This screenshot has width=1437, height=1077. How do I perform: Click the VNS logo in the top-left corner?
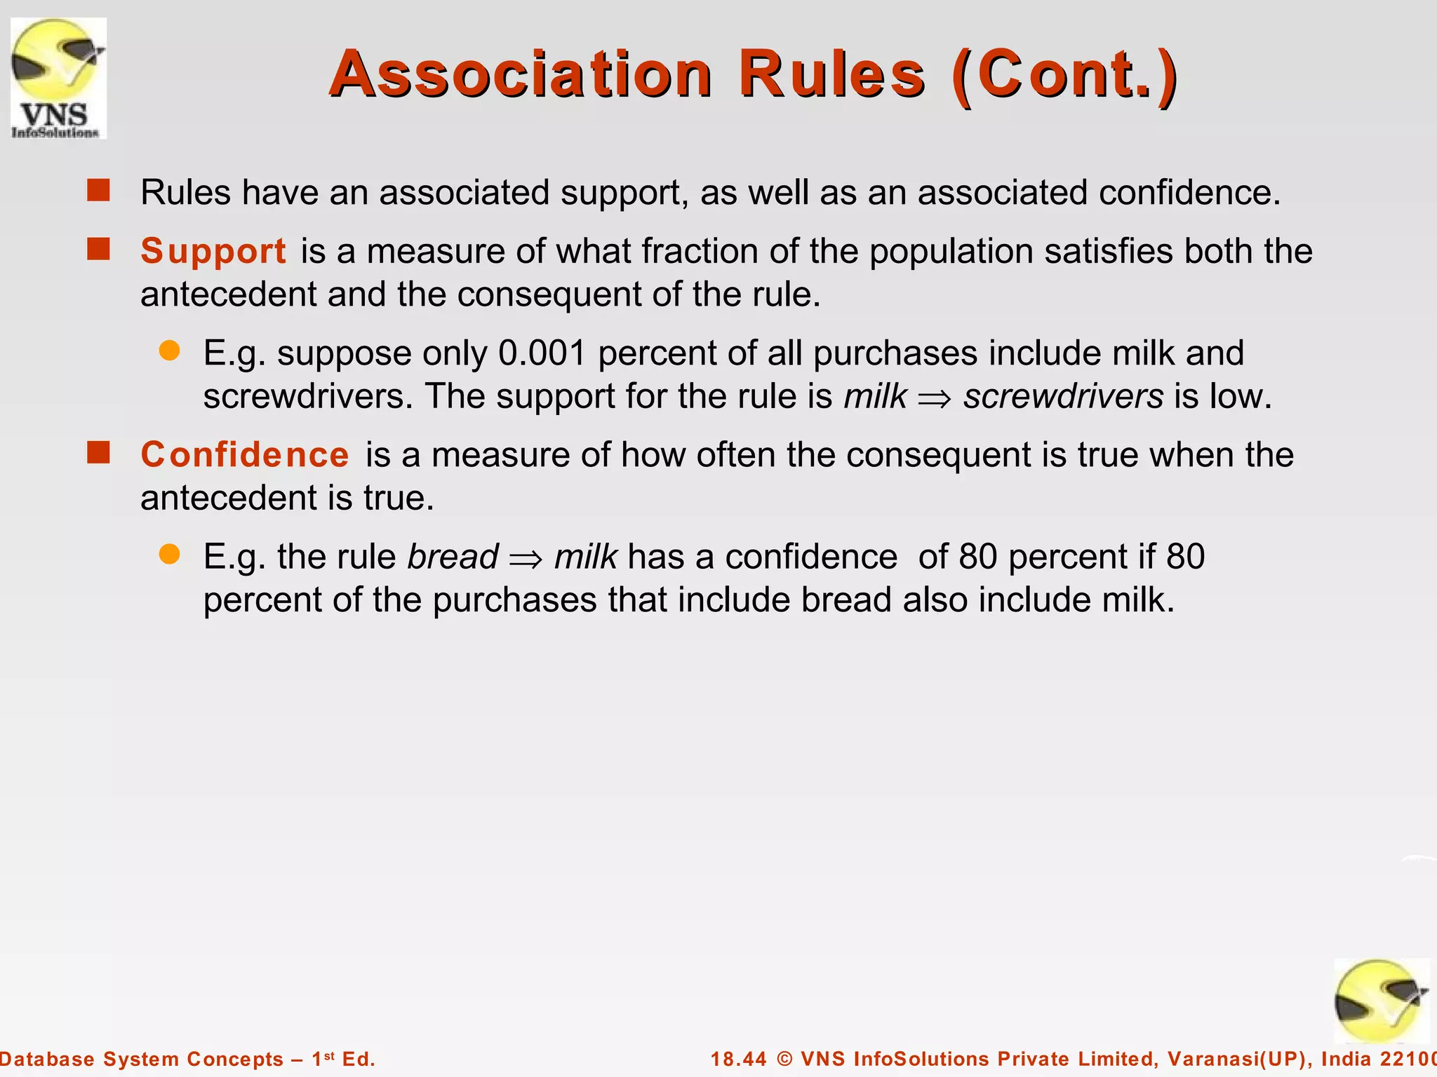pos(58,78)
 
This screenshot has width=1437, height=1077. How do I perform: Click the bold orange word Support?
pos(213,251)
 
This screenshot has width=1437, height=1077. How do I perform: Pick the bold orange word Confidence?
pos(245,454)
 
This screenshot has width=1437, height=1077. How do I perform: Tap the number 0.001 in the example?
pos(542,353)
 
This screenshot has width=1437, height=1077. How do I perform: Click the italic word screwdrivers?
pos(1063,397)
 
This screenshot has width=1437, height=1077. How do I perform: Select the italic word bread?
pos(453,557)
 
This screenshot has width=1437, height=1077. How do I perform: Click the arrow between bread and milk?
pos(526,559)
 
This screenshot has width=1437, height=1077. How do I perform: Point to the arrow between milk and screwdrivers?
pos(935,398)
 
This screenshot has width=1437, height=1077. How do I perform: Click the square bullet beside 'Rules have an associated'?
pos(99,191)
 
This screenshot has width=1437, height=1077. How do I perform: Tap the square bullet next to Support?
pos(99,249)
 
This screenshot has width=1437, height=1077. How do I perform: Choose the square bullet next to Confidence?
pos(99,453)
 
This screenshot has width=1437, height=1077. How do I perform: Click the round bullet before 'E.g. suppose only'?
pos(170,351)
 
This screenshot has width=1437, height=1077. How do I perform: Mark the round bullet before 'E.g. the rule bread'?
pos(170,555)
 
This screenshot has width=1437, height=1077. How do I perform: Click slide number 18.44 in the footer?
pos(739,1059)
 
